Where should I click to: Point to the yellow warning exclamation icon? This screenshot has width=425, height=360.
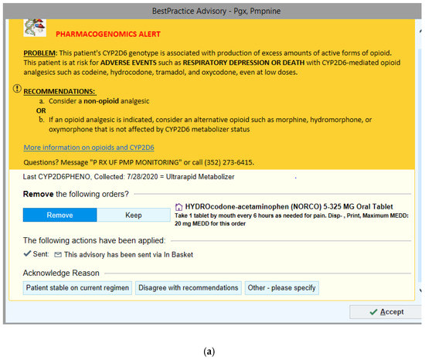pyautogui.click(x=17, y=90)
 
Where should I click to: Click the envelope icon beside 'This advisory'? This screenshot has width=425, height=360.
pyautogui.click(x=58, y=253)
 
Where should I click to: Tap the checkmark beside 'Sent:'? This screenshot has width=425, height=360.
pyautogui.click(x=29, y=253)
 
